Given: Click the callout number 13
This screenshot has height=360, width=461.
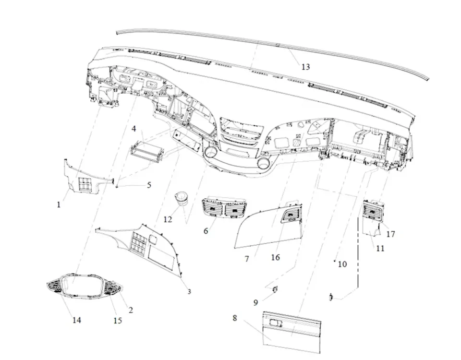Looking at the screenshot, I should [305, 67].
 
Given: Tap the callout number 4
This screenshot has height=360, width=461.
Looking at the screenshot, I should [134, 129].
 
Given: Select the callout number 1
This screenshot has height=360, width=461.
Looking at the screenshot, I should [59, 204].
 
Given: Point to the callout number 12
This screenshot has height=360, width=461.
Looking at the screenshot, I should [168, 219].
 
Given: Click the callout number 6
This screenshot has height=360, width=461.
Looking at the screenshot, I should [206, 231].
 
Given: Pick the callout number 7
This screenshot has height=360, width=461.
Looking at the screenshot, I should [247, 259].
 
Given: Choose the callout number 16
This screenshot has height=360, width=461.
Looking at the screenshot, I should [275, 258].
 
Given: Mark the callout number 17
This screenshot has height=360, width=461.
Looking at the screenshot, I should [390, 234].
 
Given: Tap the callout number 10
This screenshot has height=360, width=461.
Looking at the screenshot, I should [342, 264].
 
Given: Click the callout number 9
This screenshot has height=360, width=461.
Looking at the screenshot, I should [256, 302].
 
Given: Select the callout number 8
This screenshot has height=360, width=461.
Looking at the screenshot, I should [235, 318].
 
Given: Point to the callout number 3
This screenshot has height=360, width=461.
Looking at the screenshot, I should [189, 292].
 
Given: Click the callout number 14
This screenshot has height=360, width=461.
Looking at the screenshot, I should [77, 320].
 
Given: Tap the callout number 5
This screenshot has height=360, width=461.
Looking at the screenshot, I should [149, 185].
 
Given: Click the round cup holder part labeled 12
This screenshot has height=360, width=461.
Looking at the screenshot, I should [182, 198].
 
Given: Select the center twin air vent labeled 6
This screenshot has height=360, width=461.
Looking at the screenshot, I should [225, 210].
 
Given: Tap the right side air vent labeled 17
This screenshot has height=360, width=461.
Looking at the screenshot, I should [373, 210].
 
